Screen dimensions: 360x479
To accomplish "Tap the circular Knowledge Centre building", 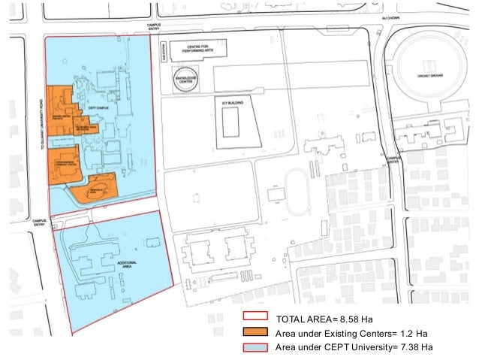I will click(185, 81).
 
